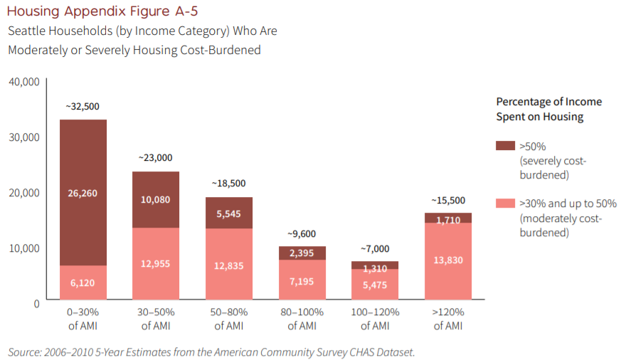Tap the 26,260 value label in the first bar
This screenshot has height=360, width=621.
pyautogui.click(x=83, y=193)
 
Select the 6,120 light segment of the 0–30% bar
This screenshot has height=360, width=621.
pyautogui.click(x=83, y=282)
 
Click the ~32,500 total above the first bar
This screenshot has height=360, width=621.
pyautogui.click(x=83, y=106)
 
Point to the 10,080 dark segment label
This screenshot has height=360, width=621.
pyautogui.click(x=156, y=199)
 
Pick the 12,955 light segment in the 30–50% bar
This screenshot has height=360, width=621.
pyautogui.click(x=156, y=264)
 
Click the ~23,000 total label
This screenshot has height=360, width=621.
pyautogui.click(x=156, y=158)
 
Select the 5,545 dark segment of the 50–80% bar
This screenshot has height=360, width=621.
pyautogui.click(x=229, y=213)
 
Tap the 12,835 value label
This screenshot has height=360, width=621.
pyautogui.click(x=229, y=264)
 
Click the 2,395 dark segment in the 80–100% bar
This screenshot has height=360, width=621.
pyautogui.click(x=302, y=253)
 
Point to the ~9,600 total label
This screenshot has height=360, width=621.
pyautogui.click(x=302, y=233)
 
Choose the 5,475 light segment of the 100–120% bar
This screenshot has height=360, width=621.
pyautogui.click(x=375, y=284)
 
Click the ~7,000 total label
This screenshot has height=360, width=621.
pyautogui.click(x=375, y=248)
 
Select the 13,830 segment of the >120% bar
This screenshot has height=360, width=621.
pyautogui.click(x=448, y=260)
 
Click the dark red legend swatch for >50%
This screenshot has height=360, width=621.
pyautogui.click(x=505, y=146)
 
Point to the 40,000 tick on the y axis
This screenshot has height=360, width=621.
pyautogui.click(x=24, y=82)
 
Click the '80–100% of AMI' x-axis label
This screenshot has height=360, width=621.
pyautogui.click(x=302, y=319)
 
